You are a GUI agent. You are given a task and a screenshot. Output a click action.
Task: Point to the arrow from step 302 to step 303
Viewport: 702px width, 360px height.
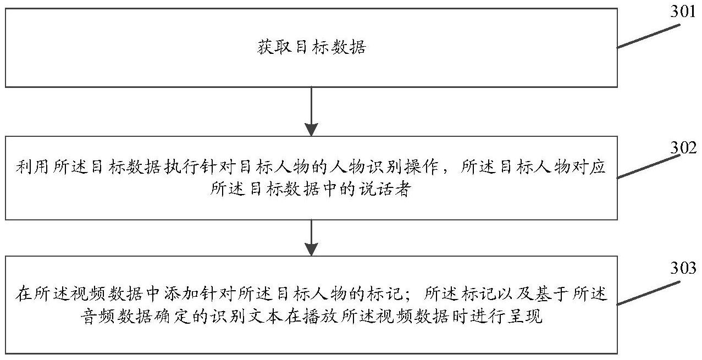tap(311, 237)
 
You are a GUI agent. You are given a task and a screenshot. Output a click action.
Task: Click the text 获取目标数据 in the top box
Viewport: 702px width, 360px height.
tap(312, 48)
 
